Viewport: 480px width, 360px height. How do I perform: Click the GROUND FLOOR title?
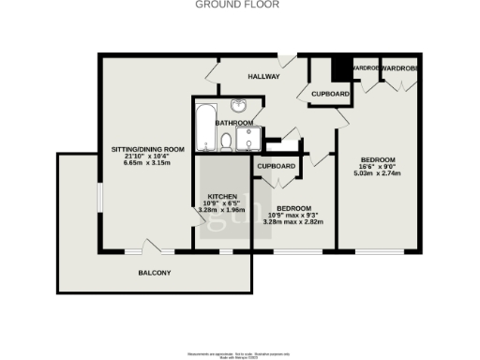(239, 5)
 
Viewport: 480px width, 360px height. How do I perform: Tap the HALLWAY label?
(263, 76)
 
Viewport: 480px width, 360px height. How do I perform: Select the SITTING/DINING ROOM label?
(148, 150)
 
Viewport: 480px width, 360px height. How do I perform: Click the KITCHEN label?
(220, 195)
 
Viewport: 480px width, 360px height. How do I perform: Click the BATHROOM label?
(233, 123)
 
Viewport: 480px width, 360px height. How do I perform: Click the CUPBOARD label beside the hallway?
(330, 95)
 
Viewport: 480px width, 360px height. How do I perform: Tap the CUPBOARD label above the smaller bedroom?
(277, 167)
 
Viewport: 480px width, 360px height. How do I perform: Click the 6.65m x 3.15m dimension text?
(148, 163)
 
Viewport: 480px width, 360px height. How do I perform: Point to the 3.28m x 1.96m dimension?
(220, 210)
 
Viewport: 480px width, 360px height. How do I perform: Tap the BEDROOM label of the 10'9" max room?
(293, 207)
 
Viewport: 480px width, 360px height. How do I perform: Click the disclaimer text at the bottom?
(239, 352)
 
